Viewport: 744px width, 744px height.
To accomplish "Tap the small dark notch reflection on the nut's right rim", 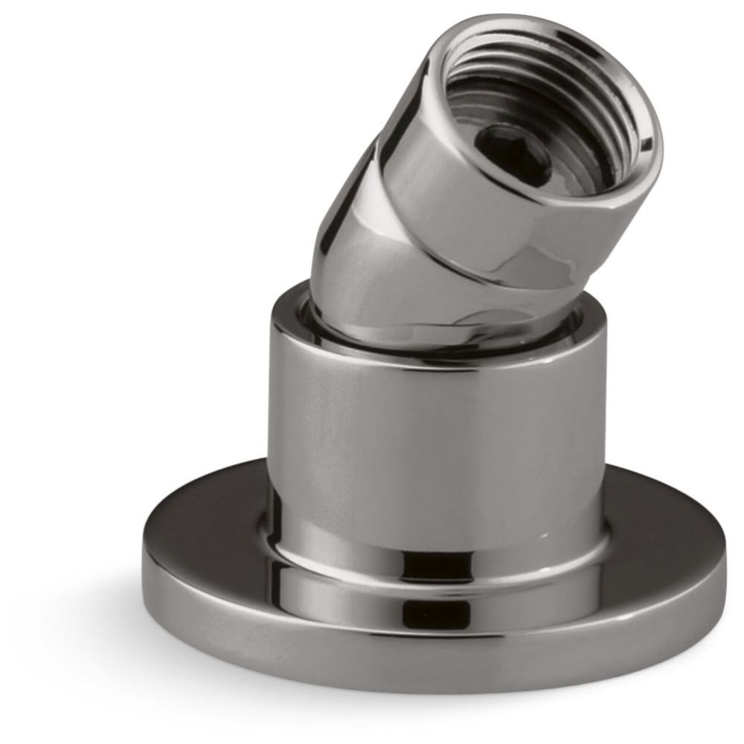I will (648, 141).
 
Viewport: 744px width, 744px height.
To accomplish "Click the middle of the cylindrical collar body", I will (439, 439).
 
